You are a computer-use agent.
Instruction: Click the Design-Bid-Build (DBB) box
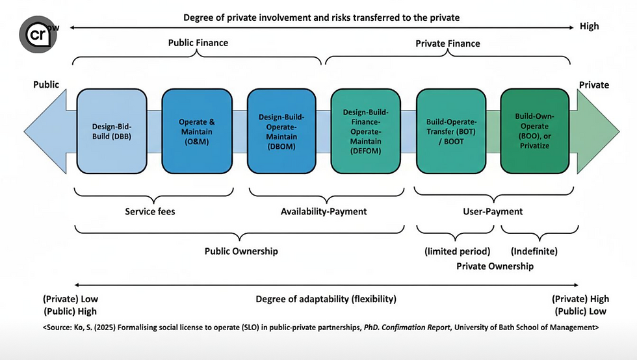click(111, 131)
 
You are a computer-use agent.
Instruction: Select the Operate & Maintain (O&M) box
click(196, 131)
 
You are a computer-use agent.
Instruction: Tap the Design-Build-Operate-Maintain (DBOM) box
click(281, 131)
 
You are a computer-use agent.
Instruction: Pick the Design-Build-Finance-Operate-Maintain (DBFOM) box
click(365, 131)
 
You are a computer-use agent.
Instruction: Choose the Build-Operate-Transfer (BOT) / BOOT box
click(450, 131)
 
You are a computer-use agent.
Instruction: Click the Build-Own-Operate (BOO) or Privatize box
click(534, 131)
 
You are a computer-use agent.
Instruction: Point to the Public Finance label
click(198, 43)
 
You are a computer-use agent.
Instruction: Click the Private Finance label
click(447, 44)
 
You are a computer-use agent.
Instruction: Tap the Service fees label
click(150, 211)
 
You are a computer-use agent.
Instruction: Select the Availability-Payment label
click(324, 211)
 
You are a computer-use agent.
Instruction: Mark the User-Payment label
click(493, 211)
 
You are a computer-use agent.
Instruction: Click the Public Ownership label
click(240, 251)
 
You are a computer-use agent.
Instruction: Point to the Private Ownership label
click(495, 266)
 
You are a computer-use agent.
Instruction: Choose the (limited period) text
click(457, 251)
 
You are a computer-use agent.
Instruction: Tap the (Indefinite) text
click(534, 251)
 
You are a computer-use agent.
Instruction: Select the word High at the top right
click(589, 27)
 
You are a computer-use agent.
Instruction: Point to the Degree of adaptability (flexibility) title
click(326, 299)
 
